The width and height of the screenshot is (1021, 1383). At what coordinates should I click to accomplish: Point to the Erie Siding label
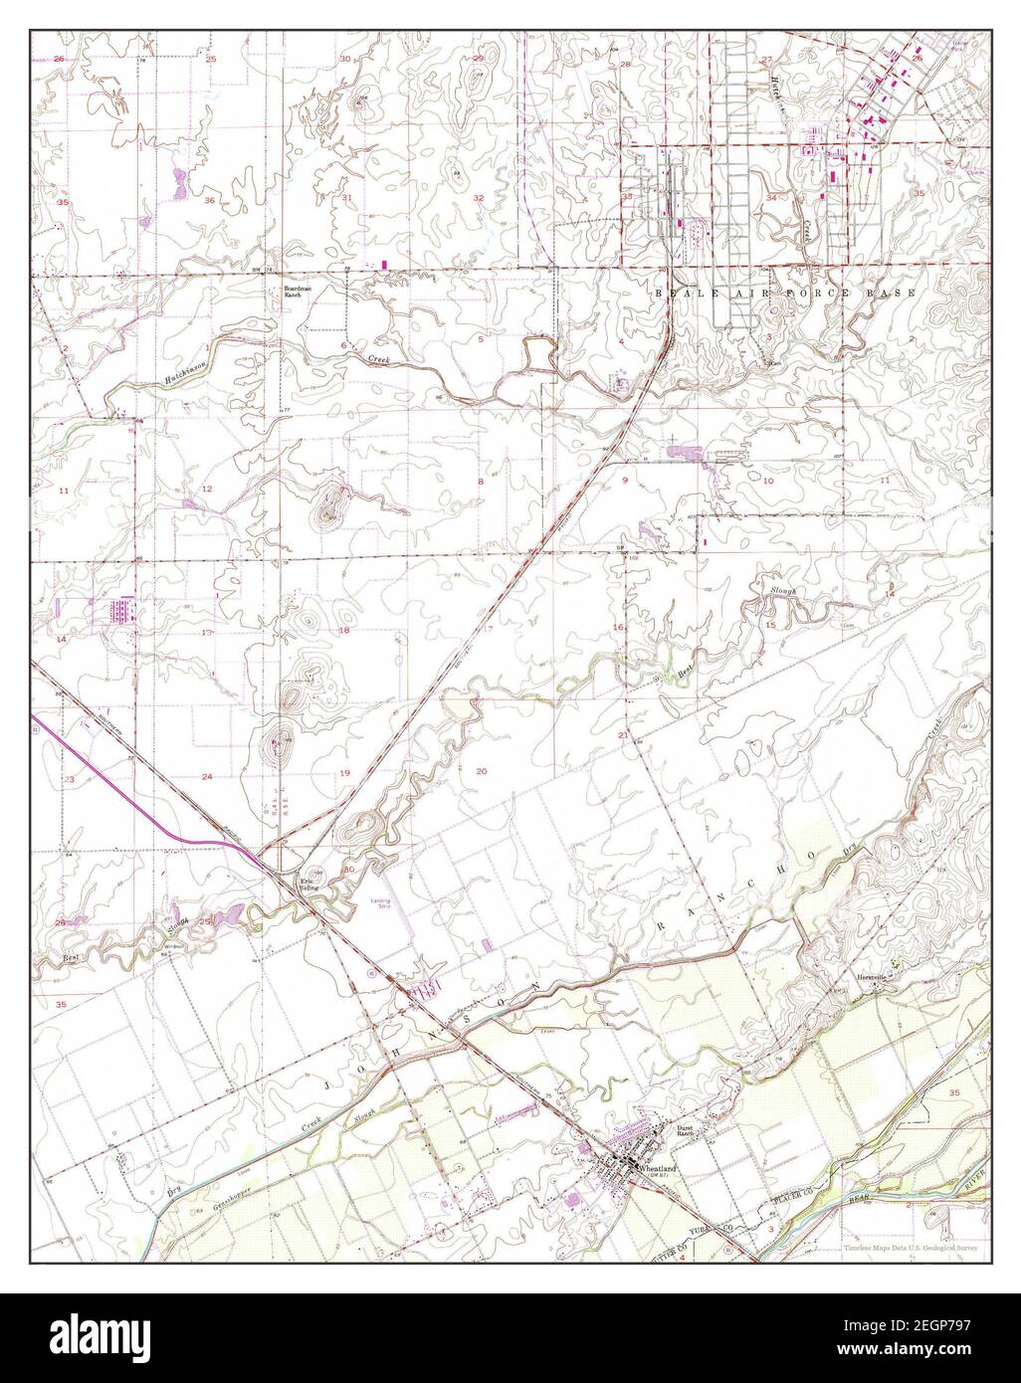[x=312, y=884]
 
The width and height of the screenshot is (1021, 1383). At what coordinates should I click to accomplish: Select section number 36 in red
[x=210, y=200]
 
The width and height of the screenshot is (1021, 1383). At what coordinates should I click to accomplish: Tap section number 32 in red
[x=478, y=198]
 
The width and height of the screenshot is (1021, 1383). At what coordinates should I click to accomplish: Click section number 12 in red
[x=207, y=489]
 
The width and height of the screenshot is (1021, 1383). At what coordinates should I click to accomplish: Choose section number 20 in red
[x=482, y=771]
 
